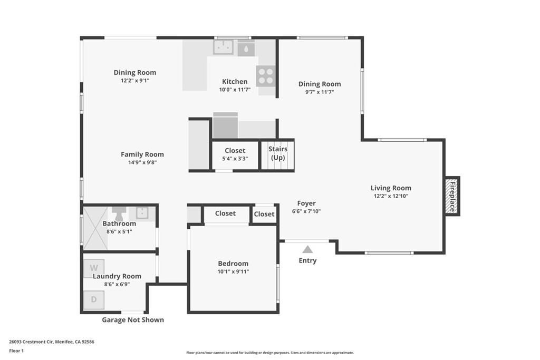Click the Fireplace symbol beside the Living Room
click(x=452, y=196)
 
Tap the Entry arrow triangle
click(x=307, y=249)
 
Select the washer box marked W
click(x=94, y=268)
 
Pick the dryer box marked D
click(x=94, y=299)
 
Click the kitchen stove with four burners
click(x=266, y=76)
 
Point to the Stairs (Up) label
click(x=278, y=153)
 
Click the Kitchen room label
click(x=235, y=81)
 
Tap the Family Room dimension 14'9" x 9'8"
click(x=142, y=163)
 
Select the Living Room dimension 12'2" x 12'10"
click(x=391, y=196)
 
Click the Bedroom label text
click(x=233, y=264)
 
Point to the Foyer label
click(x=306, y=203)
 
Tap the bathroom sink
click(x=142, y=213)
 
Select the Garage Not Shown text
click(x=133, y=320)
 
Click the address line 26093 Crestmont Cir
click(x=52, y=342)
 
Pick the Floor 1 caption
click(x=17, y=351)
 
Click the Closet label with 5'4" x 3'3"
click(x=235, y=151)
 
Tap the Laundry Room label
click(x=117, y=276)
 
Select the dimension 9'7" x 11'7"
click(x=320, y=92)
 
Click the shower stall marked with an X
click(x=95, y=228)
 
